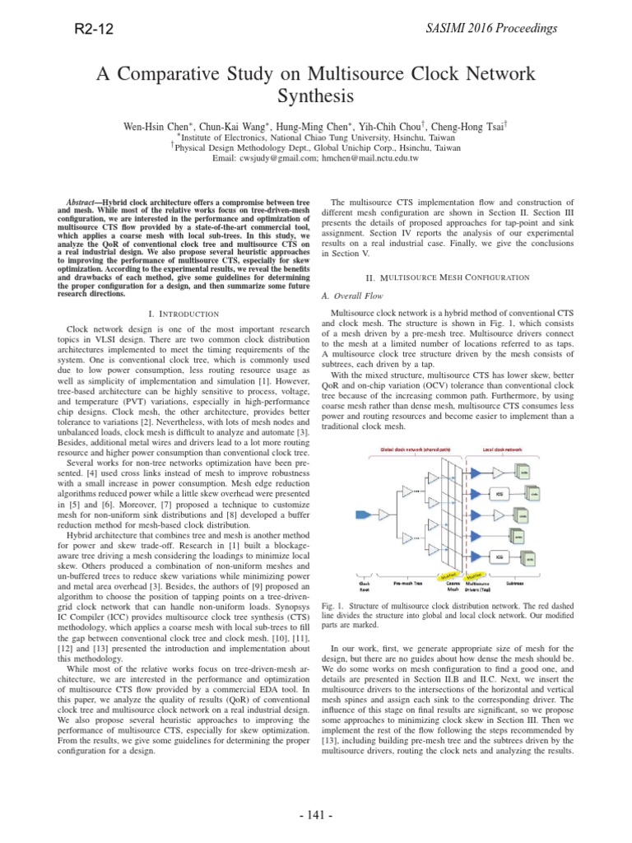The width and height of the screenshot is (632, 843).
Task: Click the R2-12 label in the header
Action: click(92, 30)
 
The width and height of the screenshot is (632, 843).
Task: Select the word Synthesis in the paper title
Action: click(316, 96)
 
